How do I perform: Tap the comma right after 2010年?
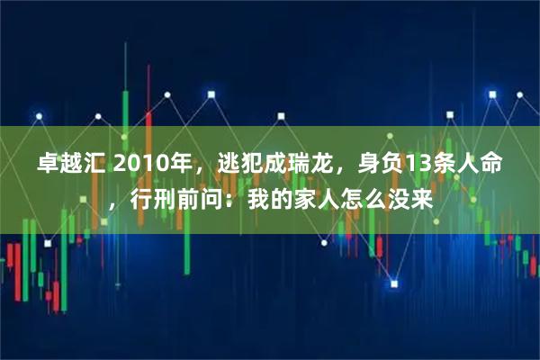(x=199, y=171)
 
